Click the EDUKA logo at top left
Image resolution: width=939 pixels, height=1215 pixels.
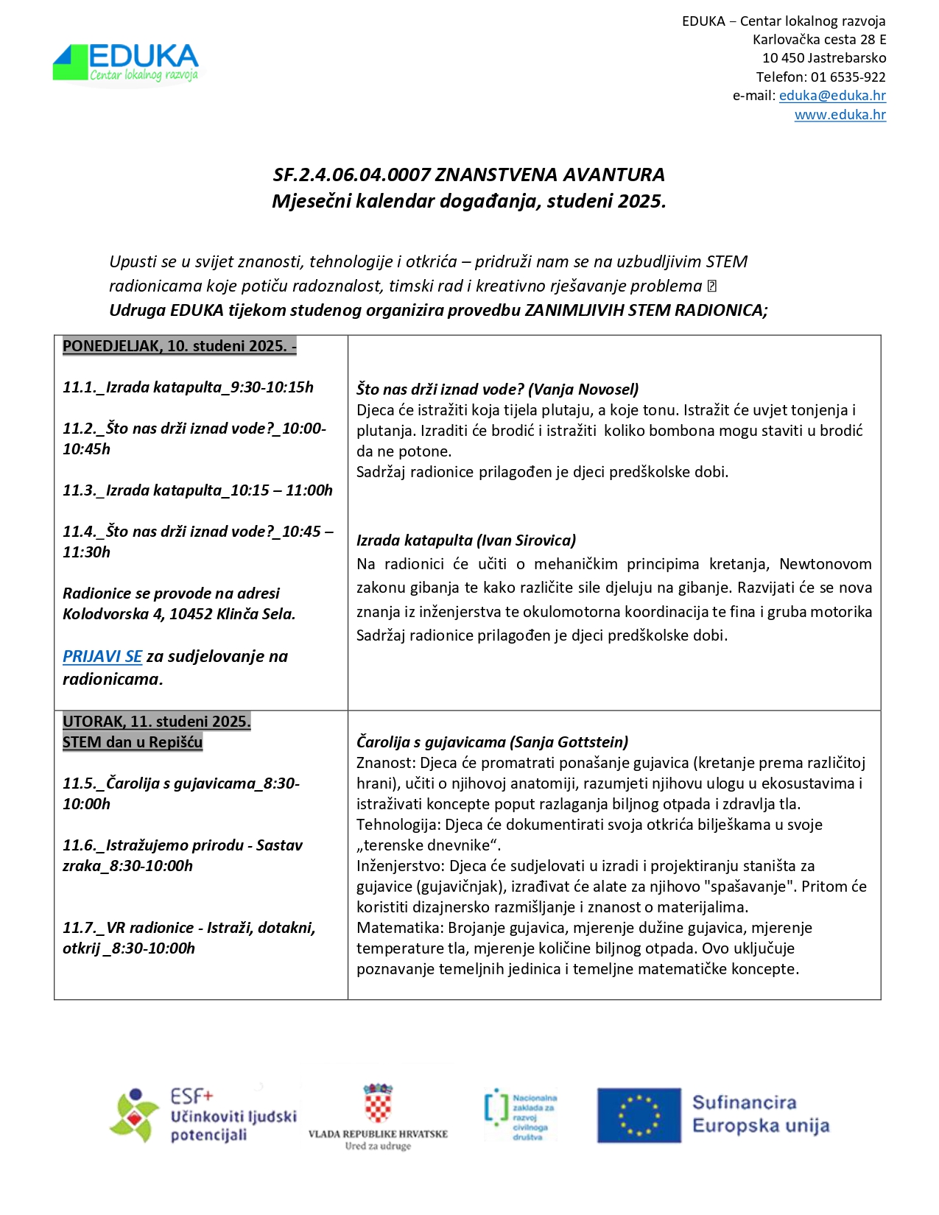click(126, 63)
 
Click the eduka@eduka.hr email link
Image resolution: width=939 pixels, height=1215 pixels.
click(832, 96)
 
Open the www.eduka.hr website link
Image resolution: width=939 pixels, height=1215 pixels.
click(840, 115)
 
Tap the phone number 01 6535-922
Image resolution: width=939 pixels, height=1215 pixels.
click(848, 77)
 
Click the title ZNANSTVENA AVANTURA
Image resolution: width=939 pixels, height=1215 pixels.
click(549, 175)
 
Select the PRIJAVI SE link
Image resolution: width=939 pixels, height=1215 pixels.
click(102, 656)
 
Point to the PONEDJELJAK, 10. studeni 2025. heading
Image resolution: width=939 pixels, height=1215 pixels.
click(179, 346)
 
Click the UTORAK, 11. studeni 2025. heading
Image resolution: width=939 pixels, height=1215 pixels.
click(156, 722)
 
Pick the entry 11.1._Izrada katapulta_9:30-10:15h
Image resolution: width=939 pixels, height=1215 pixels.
click(188, 387)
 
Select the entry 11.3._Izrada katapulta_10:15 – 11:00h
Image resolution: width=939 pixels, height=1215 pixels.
click(197, 490)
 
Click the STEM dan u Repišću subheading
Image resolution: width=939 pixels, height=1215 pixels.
click(133, 742)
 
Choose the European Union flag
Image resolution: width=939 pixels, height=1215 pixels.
click(639, 1116)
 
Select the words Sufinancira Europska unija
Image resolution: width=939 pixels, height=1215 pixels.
click(760, 1114)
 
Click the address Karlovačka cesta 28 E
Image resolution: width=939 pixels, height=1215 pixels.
click(819, 40)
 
